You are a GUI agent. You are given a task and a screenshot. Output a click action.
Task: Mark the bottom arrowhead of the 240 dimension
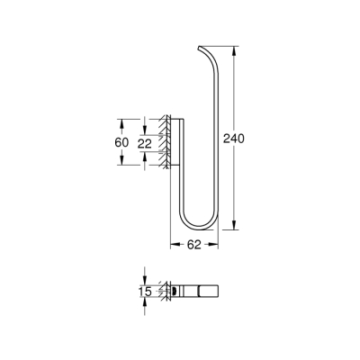(236, 227)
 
